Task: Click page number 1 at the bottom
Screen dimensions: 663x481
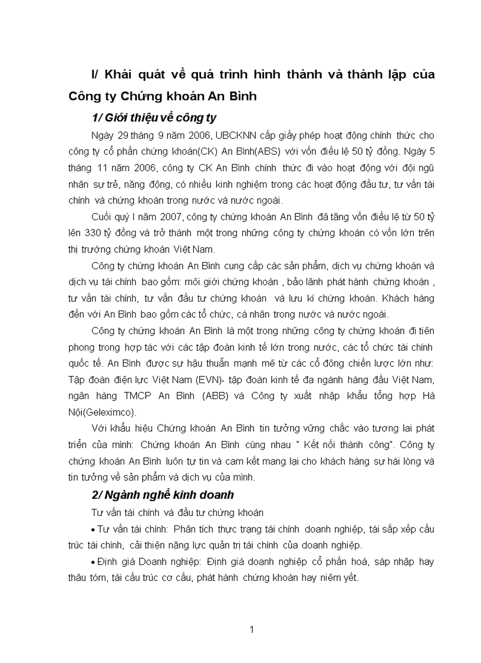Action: coord(252,629)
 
